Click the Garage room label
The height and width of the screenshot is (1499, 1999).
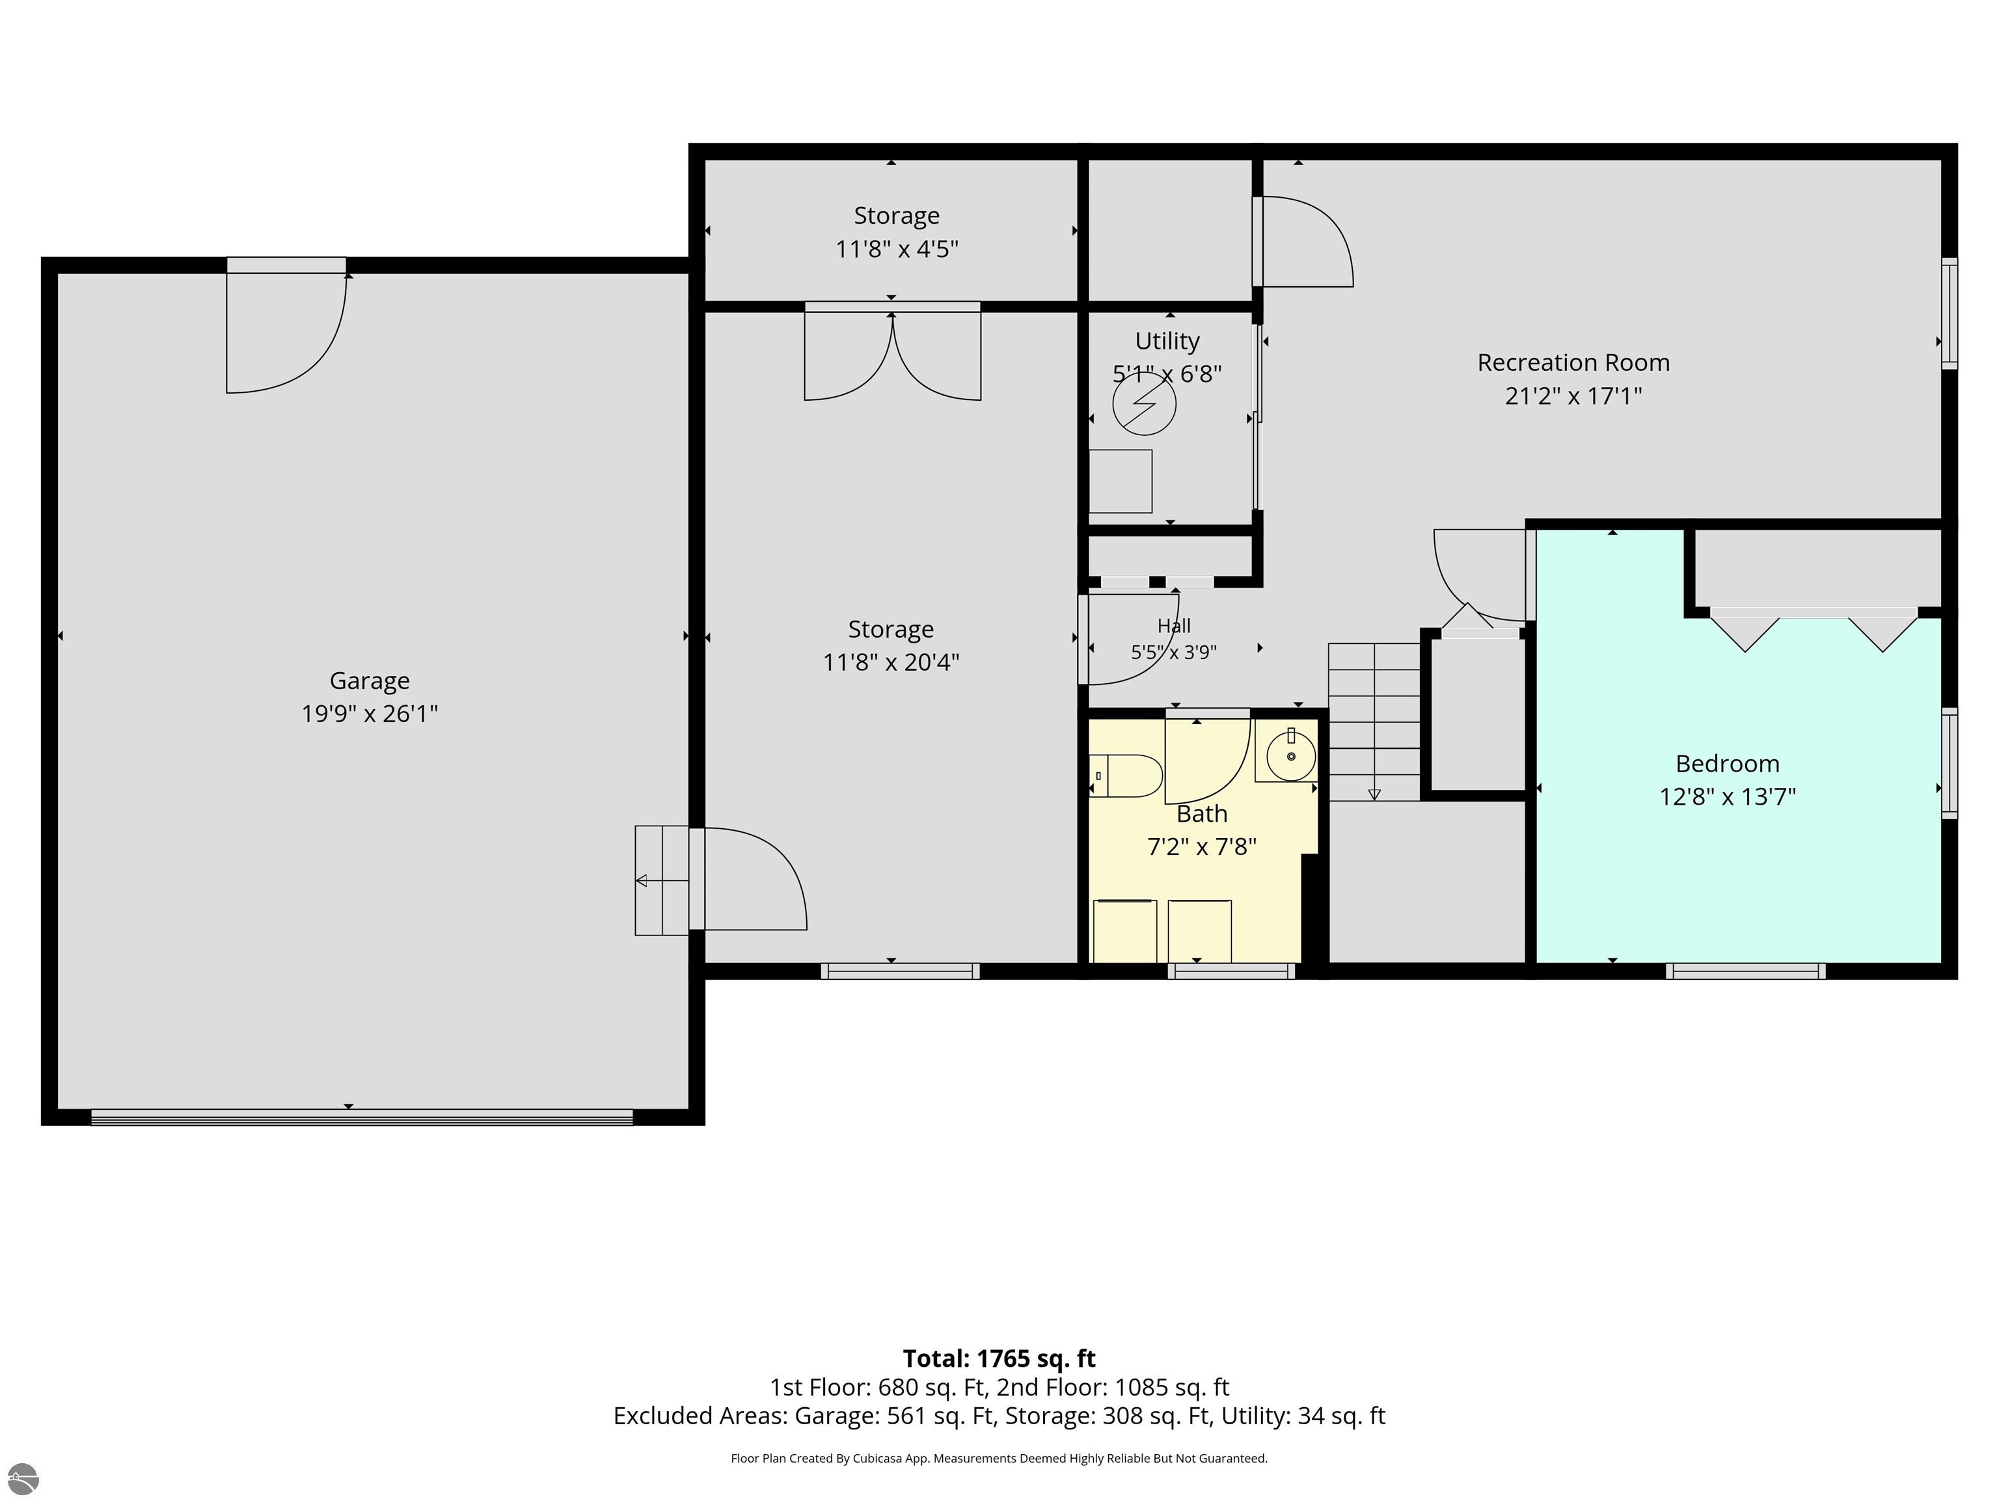point(370,681)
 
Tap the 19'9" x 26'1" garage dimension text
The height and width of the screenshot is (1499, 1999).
point(370,714)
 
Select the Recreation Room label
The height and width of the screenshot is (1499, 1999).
point(1573,362)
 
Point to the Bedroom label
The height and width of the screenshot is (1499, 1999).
point(1728,764)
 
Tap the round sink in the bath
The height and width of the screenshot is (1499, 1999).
point(1290,755)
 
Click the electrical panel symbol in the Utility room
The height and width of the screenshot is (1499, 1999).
point(1144,404)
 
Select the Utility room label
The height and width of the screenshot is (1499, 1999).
point(1167,342)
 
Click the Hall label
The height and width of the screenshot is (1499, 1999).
point(1174,626)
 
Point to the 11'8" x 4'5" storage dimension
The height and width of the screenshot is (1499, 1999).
point(897,249)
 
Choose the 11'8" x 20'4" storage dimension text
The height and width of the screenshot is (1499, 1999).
point(891,662)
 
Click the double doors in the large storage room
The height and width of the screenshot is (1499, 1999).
point(893,353)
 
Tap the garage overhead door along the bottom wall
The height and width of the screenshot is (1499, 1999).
point(362,1118)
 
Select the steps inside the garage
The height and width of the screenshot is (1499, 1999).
point(662,880)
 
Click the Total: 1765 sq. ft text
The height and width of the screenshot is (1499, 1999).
point(999,1359)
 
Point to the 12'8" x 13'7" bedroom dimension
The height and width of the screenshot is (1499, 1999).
point(1728,797)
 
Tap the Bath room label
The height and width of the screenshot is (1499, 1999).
point(1202,814)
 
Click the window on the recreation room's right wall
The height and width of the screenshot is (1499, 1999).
point(1950,314)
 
